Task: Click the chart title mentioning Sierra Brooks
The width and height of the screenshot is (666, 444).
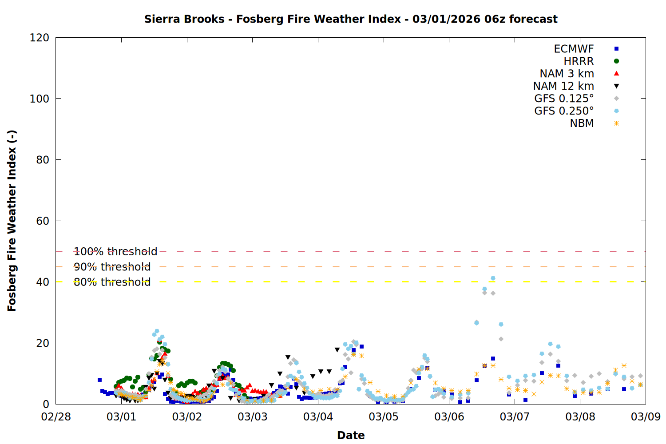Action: click(351, 19)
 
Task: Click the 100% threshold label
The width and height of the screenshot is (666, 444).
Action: click(115, 252)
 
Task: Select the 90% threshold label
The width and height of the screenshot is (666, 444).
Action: click(112, 267)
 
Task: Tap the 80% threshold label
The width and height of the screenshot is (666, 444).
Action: click(112, 282)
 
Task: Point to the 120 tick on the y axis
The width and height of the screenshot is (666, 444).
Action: click(40, 38)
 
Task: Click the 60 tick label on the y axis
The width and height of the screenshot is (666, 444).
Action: click(43, 221)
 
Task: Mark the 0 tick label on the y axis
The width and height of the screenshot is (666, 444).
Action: click(46, 404)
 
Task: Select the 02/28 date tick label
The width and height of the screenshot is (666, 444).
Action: click(56, 417)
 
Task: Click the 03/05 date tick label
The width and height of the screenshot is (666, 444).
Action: click(384, 417)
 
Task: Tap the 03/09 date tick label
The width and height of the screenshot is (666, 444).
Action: click(646, 417)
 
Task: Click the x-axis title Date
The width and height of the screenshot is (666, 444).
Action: click(351, 435)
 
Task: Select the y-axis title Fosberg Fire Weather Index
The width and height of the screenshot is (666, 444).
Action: click(12, 221)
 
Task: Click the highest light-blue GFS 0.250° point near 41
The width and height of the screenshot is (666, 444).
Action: click(493, 278)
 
